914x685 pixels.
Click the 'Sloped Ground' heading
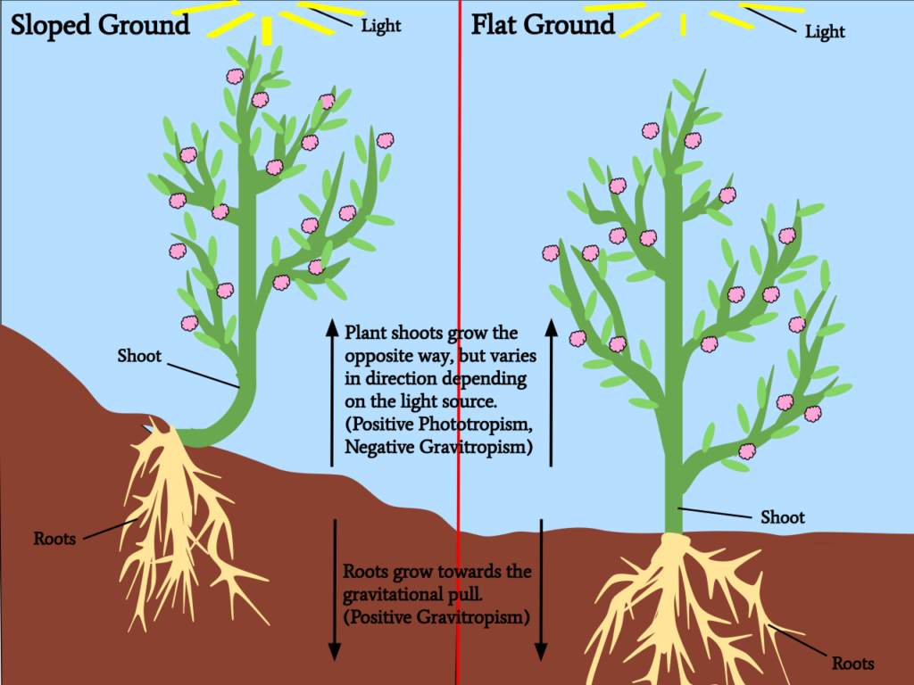(100, 25)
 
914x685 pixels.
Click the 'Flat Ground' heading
(543, 25)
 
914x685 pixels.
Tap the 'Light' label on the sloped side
(381, 26)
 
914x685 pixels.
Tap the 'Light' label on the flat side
(825, 31)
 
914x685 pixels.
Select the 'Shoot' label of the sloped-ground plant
(139, 355)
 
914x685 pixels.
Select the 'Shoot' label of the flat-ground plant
(782, 517)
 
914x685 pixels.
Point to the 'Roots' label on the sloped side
(54, 538)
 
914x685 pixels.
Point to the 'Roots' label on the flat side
(852, 663)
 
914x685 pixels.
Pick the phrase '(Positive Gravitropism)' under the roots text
(436, 617)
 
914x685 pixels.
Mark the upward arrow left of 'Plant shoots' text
(332, 392)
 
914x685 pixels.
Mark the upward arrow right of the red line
(551, 392)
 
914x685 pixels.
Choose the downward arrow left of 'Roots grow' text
(335, 590)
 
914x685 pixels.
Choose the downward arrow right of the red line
(541, 590)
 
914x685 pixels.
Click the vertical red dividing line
(459, 342)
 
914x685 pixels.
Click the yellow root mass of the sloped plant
(175, 524)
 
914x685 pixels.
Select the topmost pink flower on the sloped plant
(235, 76)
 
